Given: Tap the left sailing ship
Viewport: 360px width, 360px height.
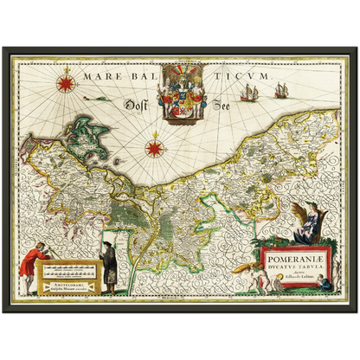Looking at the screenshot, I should [x=249, y=92].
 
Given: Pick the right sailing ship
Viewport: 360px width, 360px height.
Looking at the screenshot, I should [x=281, y=89].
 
